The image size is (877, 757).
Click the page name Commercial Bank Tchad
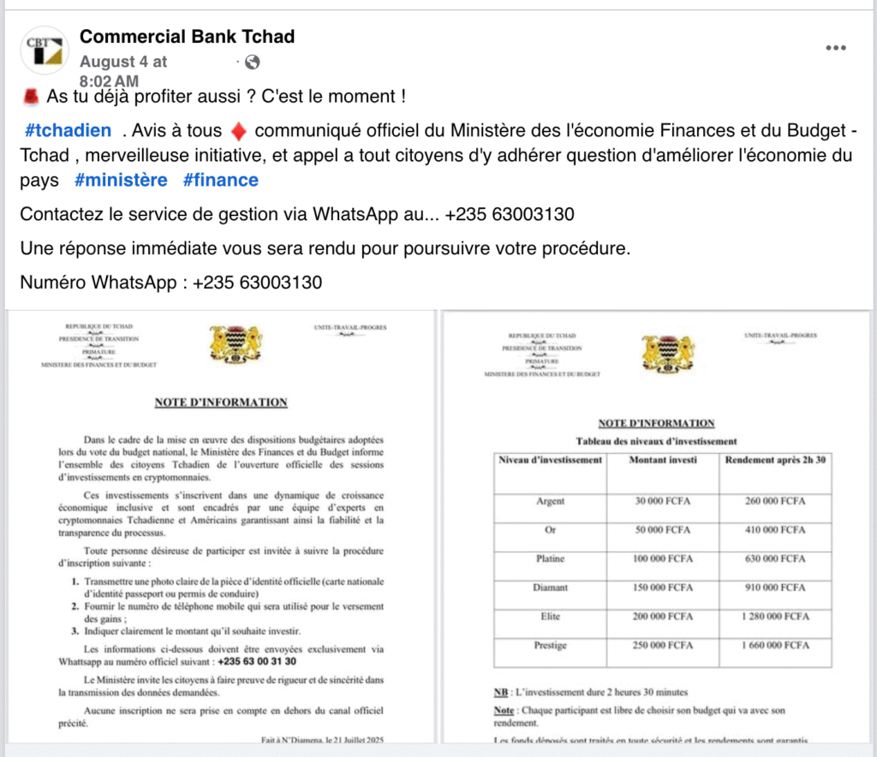(187, 37)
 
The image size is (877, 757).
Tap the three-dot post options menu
(835, 48)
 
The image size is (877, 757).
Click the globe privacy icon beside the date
(252, 62)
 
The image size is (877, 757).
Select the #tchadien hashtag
(69, 131)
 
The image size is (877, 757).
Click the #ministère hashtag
(121, 180)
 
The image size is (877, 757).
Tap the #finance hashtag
(220, 180)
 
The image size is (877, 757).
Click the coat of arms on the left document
(236, 343)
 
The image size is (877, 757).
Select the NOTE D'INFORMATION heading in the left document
(221, 402)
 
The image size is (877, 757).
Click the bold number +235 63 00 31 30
(258, 661)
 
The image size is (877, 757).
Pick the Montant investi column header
(662, 460)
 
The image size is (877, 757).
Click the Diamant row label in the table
(550, 587)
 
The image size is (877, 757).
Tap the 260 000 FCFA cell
(776, 501)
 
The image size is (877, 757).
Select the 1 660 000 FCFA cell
(776, 645)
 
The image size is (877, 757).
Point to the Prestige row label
(550, 645)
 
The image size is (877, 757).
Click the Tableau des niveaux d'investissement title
(656, 441)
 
